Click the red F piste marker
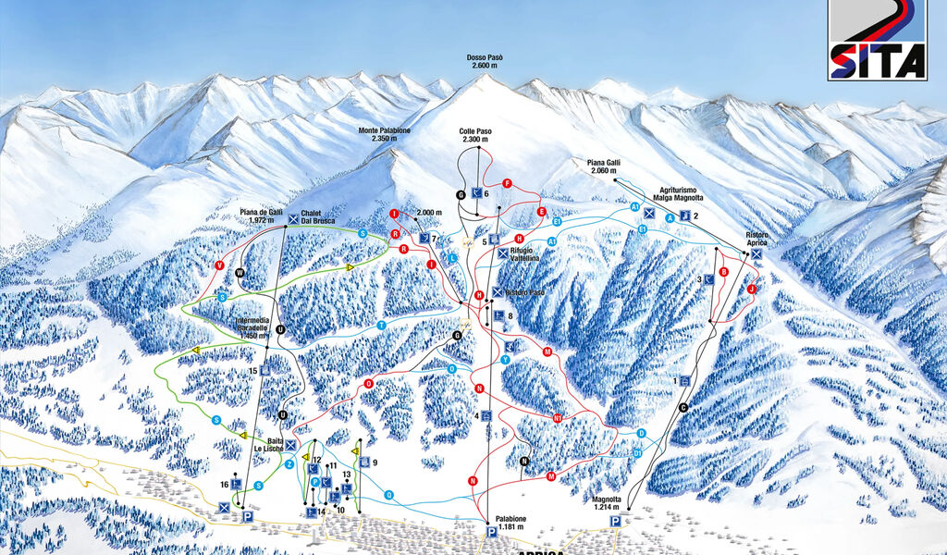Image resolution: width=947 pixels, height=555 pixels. [x=507, y=184]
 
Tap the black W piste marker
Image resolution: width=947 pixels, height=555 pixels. [x=239, y=273]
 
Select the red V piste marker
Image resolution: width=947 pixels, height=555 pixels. [x=219, y=265]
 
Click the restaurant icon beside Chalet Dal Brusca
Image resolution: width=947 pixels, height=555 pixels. [x=293, y=219]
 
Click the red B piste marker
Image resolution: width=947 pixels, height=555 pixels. [x=724, y=271]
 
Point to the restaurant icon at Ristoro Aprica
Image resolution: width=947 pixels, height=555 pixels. [x=756, y=253]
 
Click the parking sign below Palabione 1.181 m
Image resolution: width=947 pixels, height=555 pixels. [x=491, y=532]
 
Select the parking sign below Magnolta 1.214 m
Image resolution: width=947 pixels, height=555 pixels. [x=615, y=522]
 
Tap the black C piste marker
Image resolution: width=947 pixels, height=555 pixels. [x=683, y=408]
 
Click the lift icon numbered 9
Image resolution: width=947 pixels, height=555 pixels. [x=364, y=462]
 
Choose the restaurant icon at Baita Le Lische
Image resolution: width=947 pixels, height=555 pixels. [x=290, y=445]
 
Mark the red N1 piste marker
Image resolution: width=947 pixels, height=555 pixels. [x=558, y=418]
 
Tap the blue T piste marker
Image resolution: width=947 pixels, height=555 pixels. [x=381, y=326]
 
